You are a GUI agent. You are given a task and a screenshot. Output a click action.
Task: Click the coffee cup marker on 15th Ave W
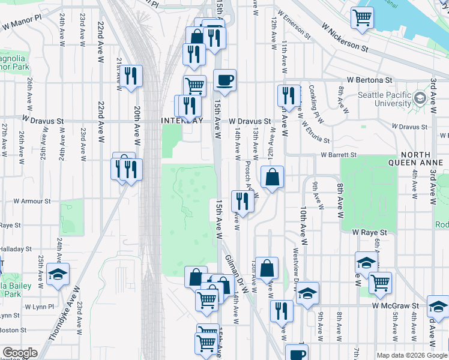(224, 80)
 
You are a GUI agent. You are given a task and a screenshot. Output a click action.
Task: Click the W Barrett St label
(339, 155)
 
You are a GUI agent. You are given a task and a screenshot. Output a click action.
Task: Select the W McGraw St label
(395, 305)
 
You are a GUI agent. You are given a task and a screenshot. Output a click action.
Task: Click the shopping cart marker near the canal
(362, 18)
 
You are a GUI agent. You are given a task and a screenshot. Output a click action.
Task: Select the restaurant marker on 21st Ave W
(130, 77)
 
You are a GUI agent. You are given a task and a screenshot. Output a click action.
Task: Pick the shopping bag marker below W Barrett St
(272, 178)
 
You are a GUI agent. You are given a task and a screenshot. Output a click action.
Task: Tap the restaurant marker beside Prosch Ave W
(243, 201)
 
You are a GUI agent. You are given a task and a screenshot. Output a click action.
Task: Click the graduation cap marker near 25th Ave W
(58, 274)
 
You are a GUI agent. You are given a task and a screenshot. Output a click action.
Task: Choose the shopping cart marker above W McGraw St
(380, 283)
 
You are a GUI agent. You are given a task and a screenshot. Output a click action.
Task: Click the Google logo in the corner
(20, 353)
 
